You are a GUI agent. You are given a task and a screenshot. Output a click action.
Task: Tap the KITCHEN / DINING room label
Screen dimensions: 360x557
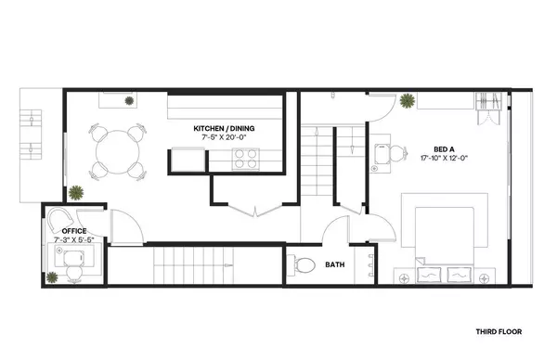[224, 127]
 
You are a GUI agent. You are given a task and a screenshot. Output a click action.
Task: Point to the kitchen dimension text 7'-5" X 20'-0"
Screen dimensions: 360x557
[224, 137]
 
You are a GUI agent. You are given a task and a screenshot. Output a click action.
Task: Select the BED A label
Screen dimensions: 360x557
[445, 148]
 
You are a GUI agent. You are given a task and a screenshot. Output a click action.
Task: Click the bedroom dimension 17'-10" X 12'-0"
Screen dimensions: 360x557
[445, 158]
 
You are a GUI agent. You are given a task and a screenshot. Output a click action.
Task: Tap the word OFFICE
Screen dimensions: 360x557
[73, 230]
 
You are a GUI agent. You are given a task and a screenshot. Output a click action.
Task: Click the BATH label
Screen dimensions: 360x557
[334, 265]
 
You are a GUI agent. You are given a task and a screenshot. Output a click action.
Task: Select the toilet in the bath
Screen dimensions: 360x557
[303, 265]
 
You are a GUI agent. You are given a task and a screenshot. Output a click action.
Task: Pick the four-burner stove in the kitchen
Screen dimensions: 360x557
[244, 161]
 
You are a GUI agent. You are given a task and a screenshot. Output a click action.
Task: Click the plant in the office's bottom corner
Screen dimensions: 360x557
[50, 275]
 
